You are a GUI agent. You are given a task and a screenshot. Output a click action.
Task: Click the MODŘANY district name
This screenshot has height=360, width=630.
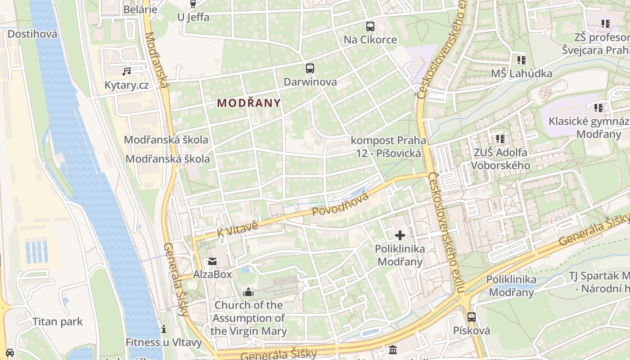[249, 103]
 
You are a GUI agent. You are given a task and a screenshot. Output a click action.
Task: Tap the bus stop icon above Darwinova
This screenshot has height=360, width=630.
[310, 68]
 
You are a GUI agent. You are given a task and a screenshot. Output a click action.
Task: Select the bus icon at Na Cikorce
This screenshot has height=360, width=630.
[370, 27]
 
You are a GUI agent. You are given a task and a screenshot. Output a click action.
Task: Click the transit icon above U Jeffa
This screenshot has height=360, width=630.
[193, 4]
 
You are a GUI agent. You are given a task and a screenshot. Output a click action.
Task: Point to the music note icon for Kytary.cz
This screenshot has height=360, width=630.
[126, 71]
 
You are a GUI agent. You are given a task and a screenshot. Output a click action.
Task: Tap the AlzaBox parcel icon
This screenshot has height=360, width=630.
[212, 261]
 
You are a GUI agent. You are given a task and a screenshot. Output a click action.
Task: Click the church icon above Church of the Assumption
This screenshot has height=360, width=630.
[248, 292]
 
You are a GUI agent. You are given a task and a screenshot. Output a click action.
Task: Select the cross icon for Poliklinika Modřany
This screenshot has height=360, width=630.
[400, 235]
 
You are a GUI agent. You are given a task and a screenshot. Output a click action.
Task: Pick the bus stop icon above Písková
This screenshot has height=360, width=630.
[471, 317]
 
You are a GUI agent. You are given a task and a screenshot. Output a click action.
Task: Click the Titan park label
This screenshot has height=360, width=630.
[58, 322]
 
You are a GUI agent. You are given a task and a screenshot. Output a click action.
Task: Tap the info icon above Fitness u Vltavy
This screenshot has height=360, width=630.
[164, 329]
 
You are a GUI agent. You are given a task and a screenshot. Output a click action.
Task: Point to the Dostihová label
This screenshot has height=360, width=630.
[32, 34]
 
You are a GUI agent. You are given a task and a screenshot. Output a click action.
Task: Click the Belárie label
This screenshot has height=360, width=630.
[140, 9]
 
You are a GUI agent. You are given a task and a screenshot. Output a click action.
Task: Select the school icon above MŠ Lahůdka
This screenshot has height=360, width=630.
[521, 60]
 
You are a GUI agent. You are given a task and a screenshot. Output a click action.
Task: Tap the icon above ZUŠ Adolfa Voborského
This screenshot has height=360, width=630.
[500, 139]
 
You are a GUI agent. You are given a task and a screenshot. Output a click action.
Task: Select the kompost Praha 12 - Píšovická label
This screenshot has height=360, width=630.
[388, 147]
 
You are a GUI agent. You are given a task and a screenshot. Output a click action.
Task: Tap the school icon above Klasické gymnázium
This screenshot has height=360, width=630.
[598, 108]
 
